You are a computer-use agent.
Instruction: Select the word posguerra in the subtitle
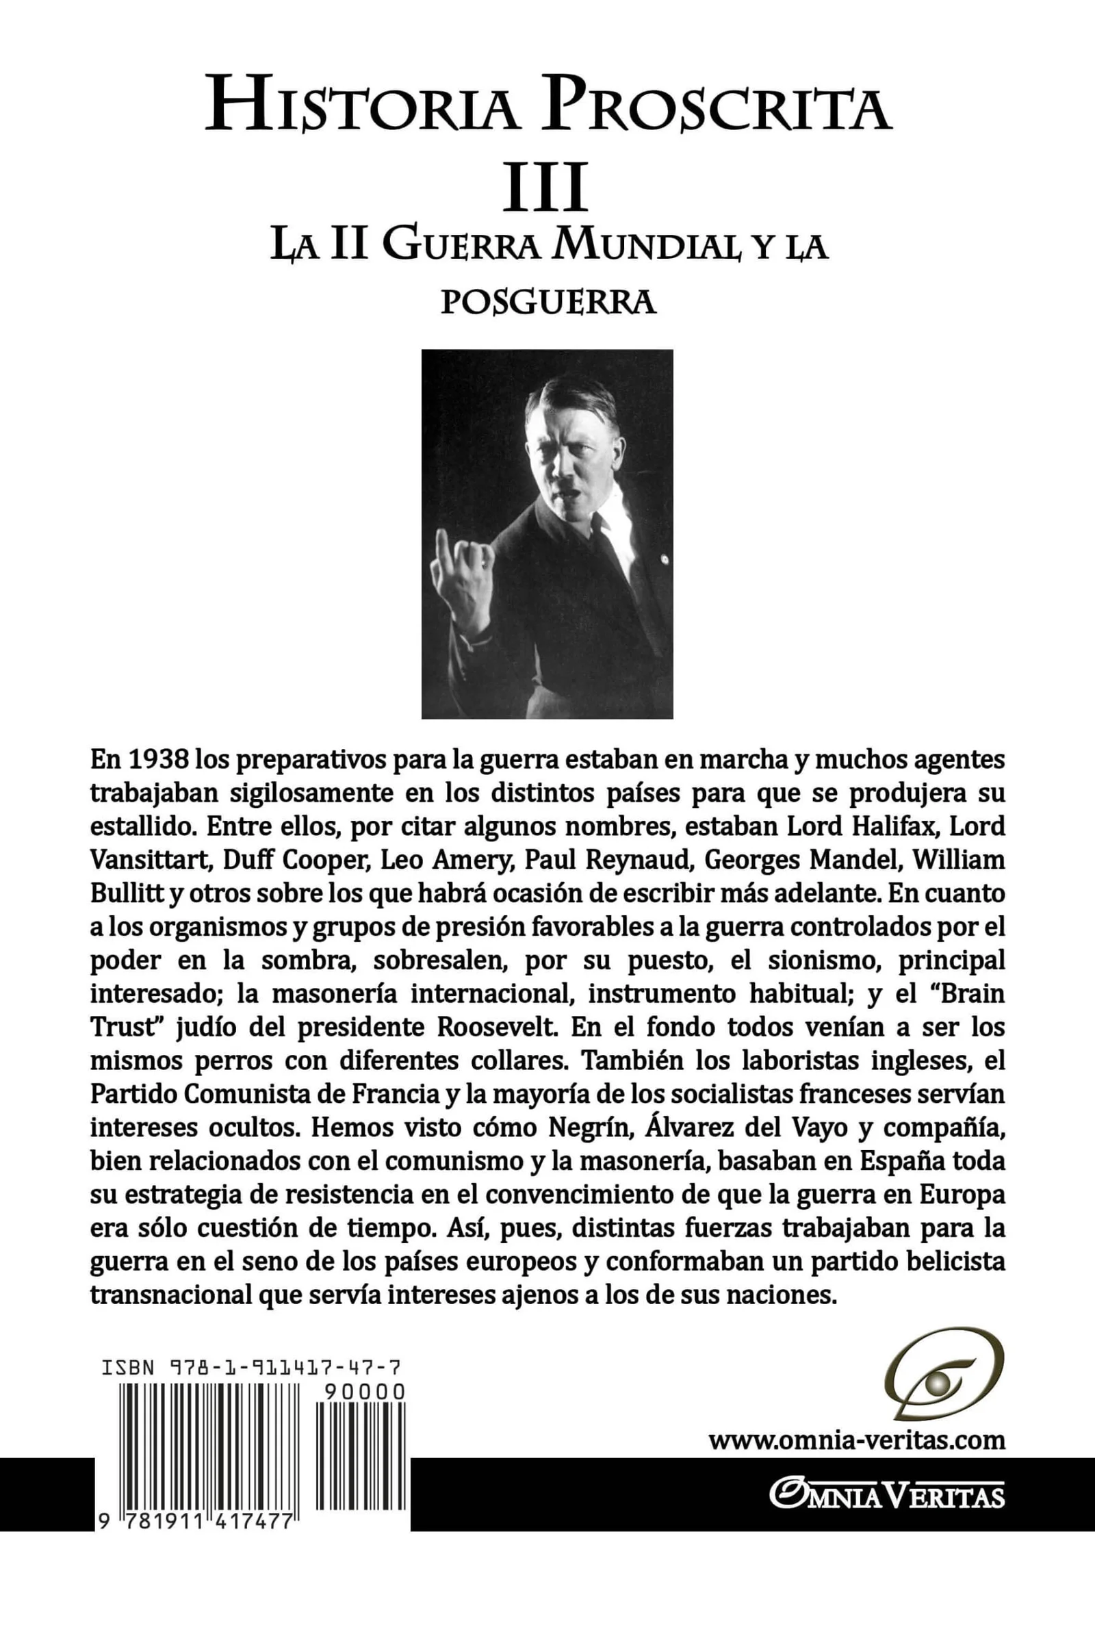[548, 303]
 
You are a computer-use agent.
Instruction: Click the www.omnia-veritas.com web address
[857, 1440]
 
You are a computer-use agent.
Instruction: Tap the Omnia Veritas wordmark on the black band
[887, 1496]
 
